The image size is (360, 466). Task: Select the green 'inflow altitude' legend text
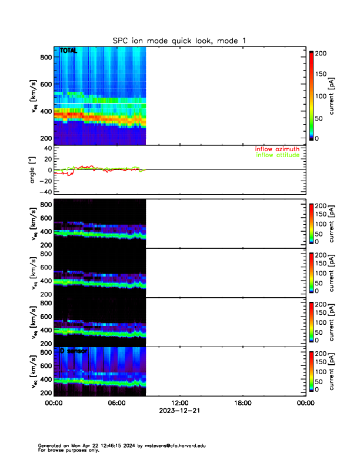coord(277,155)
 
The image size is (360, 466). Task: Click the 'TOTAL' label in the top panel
coord(69,52)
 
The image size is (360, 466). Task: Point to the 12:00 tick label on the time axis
coord(179,403)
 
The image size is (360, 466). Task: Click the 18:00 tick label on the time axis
coord(242,403)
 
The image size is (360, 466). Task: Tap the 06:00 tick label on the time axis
coord(116,403)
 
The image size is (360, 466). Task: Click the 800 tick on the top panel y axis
coord(44,56)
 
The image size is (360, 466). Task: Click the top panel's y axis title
coord(34,99)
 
